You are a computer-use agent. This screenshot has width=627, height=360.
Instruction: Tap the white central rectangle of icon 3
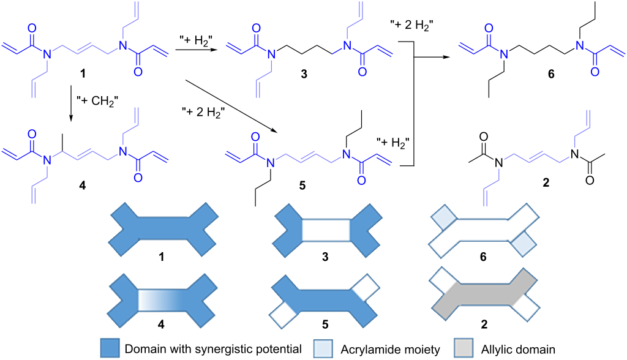326,231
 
